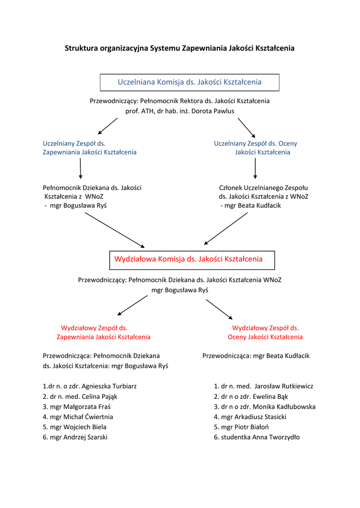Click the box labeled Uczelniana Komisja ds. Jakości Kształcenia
pos(189,82)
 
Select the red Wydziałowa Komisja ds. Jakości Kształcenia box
pos(192,259)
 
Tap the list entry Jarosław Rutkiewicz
pos(264,386)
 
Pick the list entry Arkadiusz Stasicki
pos(250,417)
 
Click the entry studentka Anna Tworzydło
pos(257,437)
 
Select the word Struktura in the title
pos(81,49)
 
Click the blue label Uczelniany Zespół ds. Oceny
pos(256,143)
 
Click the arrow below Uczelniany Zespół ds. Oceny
pos(255,169)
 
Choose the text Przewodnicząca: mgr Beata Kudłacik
pos(256,356)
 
